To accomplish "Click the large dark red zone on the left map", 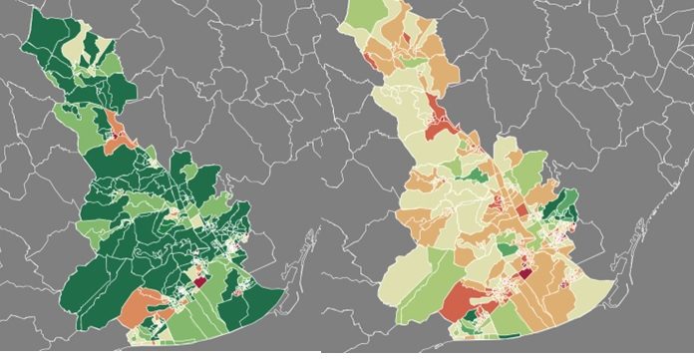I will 198,281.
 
